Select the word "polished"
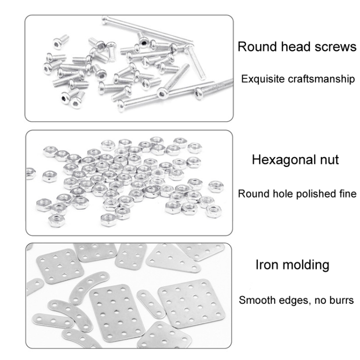pos(310,193)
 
